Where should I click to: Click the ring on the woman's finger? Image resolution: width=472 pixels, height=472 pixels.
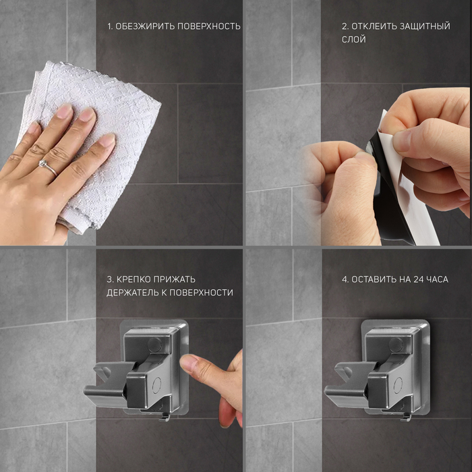point(47,167)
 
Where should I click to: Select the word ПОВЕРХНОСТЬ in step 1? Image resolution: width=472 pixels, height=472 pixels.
point(208,26)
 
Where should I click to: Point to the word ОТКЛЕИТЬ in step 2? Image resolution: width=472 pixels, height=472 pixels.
point(374,26)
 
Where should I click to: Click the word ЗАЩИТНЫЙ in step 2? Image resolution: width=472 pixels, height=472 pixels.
point(425,26)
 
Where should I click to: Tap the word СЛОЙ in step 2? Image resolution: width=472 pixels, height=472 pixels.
point(354,39)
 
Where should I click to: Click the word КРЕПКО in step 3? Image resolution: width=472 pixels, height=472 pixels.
point(134,279)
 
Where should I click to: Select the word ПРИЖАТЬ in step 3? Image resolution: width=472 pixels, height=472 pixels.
point(174,279)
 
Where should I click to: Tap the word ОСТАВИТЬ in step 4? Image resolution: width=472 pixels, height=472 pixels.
point(374,280)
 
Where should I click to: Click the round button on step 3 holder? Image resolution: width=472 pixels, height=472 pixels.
point(154,344)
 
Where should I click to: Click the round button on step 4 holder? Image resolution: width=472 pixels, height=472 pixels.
point(396,344)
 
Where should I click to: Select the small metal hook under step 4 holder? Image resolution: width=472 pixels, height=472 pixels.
point(405,417)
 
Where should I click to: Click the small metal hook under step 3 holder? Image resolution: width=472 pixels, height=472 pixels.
point(165,417)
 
